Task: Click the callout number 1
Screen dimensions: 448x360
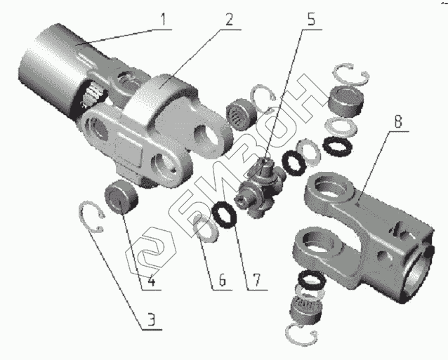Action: (163, 20)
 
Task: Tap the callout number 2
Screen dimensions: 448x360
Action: (229, 19)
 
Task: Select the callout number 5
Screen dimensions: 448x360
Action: (310, 19)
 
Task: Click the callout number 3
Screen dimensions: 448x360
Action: (152, 319)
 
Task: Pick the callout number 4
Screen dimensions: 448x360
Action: (152, 279)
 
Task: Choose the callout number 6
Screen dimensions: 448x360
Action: (223, 279)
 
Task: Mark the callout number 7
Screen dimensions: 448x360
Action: (256, 279)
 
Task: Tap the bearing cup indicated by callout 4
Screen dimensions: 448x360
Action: (121, 197)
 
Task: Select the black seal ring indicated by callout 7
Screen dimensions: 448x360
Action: (225, 215)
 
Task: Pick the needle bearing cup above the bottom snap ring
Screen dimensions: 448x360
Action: (305, 309)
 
